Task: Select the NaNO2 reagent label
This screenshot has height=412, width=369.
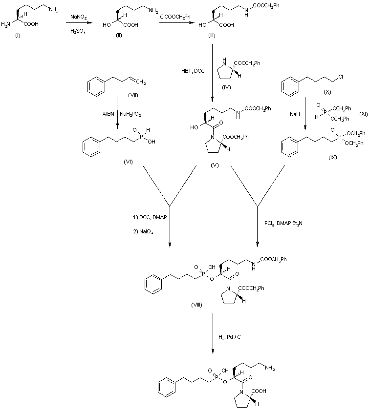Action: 79,17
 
